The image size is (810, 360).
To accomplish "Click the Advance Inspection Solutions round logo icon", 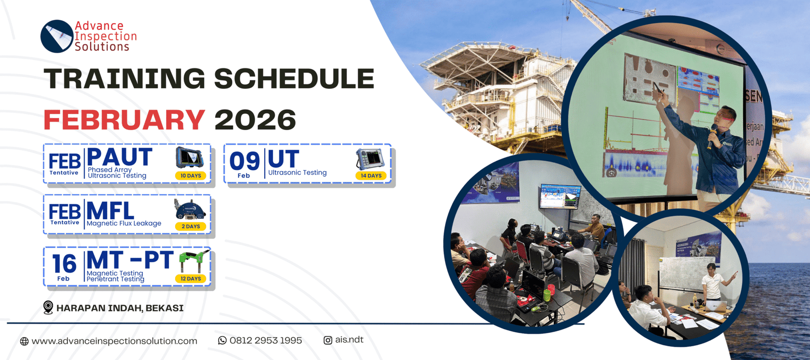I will pos(57,36).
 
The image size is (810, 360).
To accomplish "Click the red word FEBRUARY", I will pos(124,120).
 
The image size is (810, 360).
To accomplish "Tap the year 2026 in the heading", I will pos(255,120).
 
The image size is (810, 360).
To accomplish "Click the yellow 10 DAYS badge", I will pos(191,176).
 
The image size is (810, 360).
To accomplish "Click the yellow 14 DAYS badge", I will pos(371,176).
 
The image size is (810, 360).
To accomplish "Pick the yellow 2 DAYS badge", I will pos(191,226).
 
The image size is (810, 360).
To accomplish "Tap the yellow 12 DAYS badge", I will pos(191,278).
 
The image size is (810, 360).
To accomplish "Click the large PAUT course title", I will pos(119,157).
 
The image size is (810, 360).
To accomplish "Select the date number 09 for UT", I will pos(245,161).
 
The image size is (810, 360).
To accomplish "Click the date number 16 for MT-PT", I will pos(64,264).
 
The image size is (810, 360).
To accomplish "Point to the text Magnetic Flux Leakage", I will pos(124,223).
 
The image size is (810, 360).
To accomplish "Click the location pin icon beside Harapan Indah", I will pos(48,307).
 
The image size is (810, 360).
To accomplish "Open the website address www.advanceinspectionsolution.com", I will pos(114,341).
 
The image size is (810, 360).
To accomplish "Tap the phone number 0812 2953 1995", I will pos(265,340).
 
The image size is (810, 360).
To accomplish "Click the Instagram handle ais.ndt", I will pos(349,340).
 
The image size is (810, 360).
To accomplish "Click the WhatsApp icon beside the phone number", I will pos(222,340).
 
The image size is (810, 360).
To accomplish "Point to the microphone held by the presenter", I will pos(711,137).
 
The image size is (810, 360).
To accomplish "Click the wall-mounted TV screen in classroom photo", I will pos(560,196).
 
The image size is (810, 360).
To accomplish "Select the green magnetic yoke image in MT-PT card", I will pos(195,261).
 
